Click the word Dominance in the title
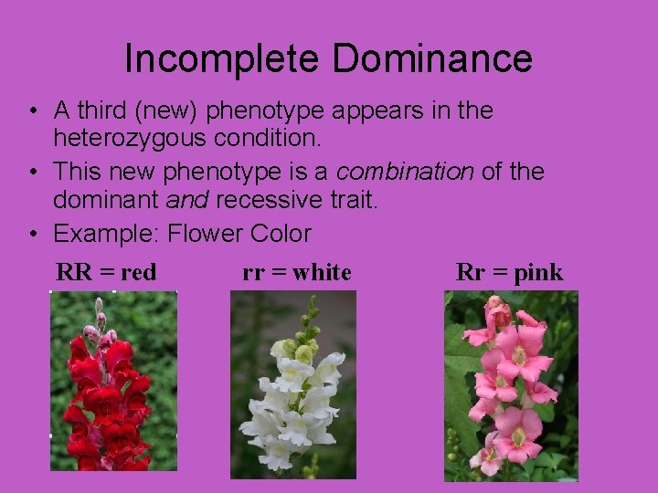(432, 59)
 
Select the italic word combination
(405, 172)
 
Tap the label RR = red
(106, 272)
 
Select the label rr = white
(296, 272)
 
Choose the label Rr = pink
(509, 272)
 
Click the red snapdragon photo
(113, 381)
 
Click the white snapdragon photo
(292, 385)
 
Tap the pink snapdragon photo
(511, 385)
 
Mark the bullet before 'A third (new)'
(32, 112)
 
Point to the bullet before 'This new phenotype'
(32, 173)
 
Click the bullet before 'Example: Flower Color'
(32, 235)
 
